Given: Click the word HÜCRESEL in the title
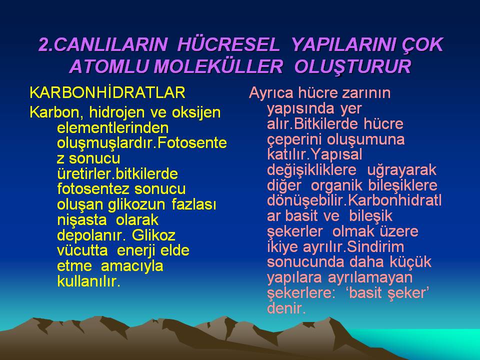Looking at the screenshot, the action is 228,44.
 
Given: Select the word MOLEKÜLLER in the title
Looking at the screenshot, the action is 218,66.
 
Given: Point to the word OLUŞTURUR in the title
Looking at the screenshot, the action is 352,67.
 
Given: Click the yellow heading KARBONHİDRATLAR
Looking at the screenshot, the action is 107,92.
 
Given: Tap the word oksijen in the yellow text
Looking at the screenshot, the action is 196,113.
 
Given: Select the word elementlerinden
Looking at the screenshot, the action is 113,128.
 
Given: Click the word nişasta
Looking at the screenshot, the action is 82,220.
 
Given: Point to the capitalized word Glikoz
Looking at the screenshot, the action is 153,235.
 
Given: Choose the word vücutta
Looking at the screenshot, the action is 82,250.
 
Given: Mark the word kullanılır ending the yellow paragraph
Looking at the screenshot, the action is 88,281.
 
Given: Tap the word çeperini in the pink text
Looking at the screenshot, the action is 294,140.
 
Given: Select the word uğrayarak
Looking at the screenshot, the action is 401,170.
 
